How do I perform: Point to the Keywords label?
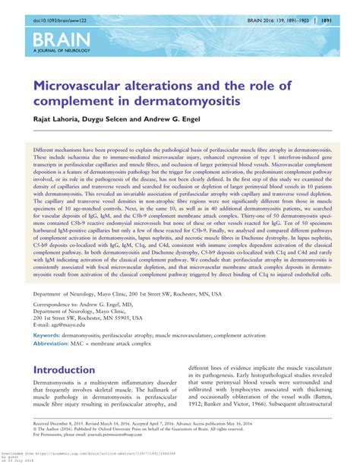[46, 334]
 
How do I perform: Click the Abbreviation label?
[52, 343]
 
